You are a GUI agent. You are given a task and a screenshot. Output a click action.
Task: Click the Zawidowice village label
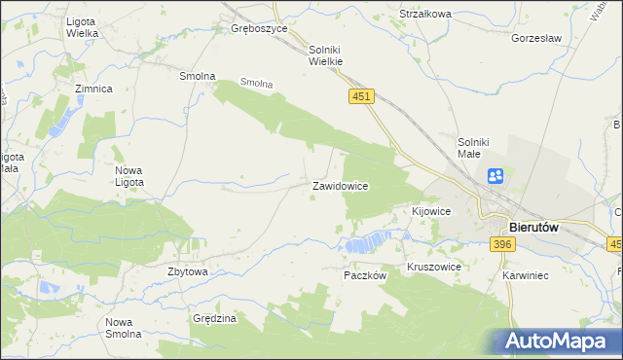click(x=339, y=185)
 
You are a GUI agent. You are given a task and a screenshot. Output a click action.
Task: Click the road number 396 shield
click(x=502, y=244)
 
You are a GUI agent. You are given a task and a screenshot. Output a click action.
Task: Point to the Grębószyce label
click(x=259, y=29)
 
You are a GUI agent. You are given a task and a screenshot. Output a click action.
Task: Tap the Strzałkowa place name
click(x=425, y=14)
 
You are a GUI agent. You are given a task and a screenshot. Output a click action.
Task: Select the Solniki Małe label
click(x=477, y=148)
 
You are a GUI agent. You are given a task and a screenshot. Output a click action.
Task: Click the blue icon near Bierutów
click(x=495, y=176)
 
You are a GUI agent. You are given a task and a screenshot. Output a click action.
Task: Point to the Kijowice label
click(x=431, y=211)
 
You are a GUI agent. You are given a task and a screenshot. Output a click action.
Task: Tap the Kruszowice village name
click(x=433, y=266)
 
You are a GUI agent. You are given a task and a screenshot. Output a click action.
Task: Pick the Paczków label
click(x=366, y=275)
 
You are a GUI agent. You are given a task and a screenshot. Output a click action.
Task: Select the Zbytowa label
click(x=188, y=271)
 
